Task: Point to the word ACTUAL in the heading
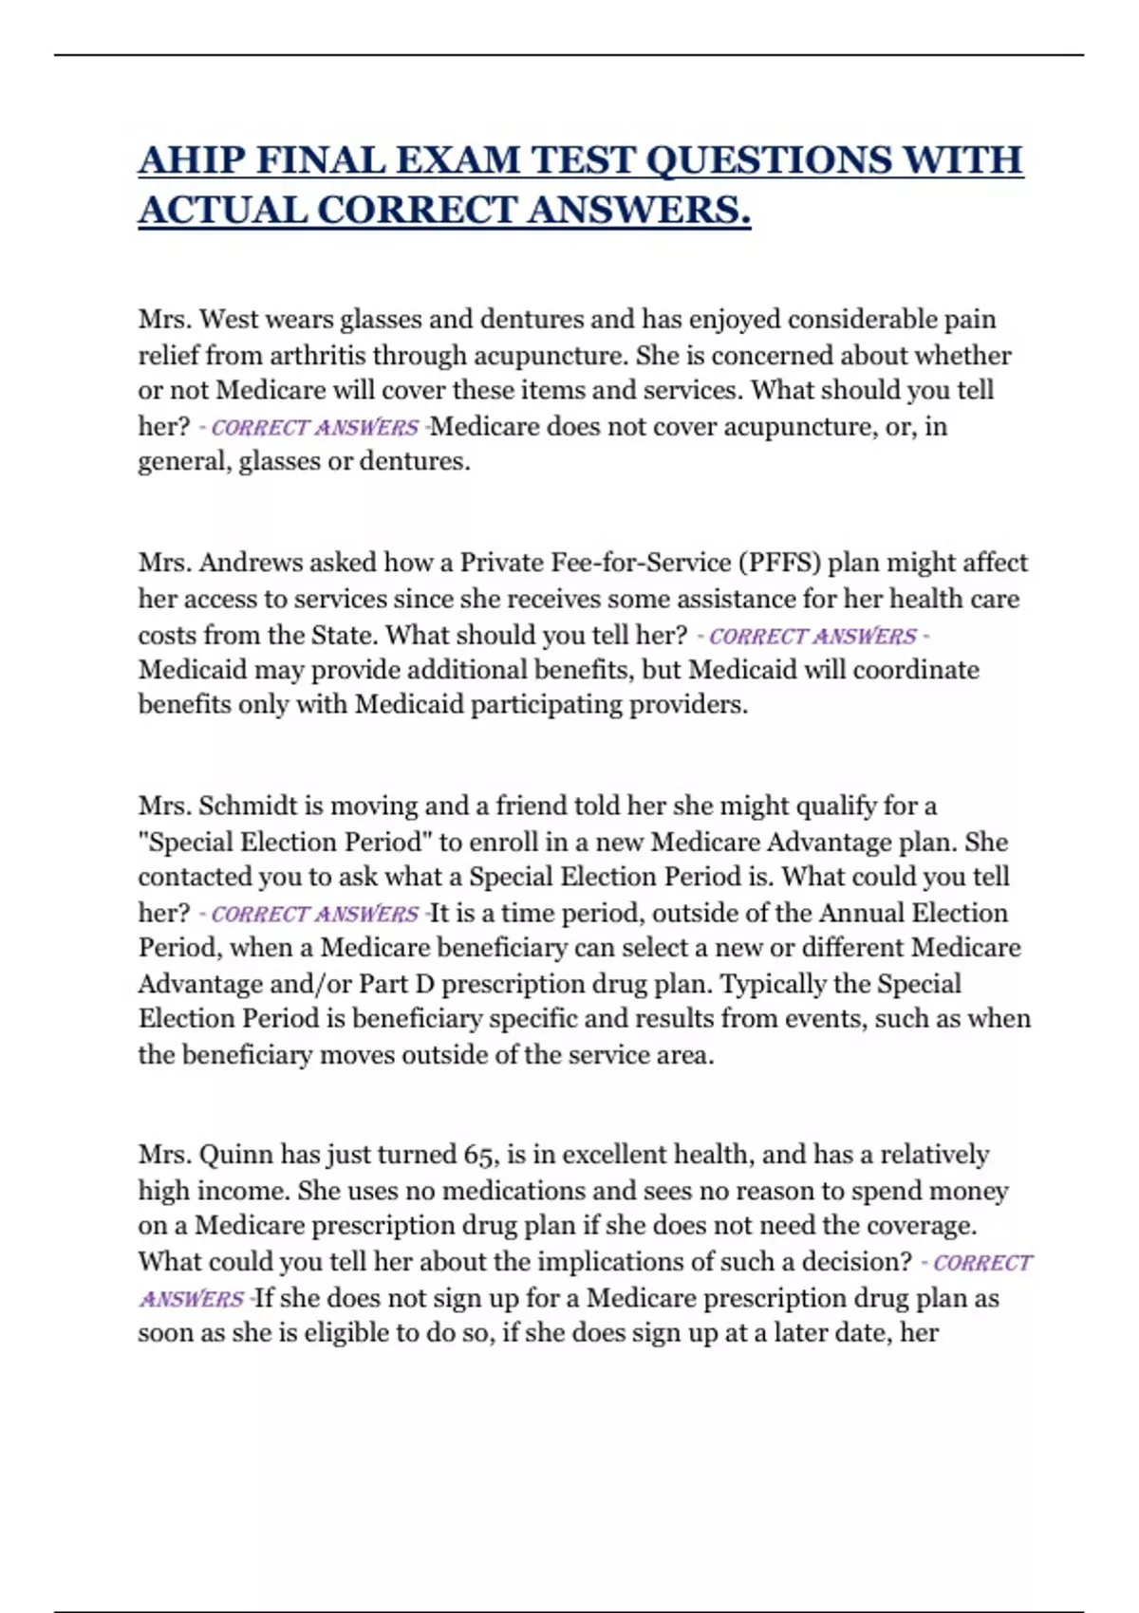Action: coord(221,210)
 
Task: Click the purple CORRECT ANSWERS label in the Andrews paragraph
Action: coord(812,636)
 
